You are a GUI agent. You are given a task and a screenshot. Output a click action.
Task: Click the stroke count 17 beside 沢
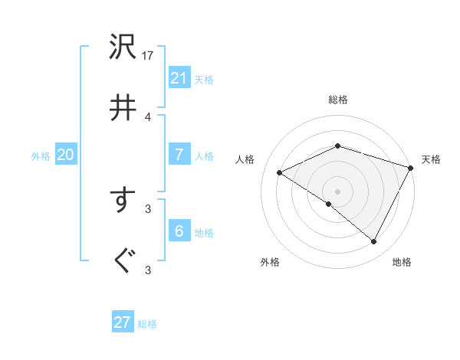point(149,56)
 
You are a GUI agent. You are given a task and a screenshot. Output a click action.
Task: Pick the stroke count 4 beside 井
point(148,116)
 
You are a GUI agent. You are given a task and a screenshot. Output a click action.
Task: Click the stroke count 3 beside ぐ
point(148,270)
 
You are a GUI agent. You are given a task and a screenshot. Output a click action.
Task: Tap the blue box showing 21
point(179,78)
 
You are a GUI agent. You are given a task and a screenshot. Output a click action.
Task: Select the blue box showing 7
point(179,155)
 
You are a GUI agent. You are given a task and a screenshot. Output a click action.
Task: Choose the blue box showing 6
point(179,231)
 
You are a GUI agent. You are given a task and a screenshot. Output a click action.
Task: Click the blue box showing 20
point(66,155)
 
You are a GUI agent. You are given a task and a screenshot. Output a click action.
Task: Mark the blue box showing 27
point(123,322)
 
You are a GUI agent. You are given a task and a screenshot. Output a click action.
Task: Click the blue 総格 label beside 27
point(148,324)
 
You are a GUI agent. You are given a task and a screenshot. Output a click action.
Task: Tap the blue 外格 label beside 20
point(41,156)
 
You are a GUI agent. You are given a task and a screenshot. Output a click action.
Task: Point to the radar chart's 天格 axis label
point(432,159)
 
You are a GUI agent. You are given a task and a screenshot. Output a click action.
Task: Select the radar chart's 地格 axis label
point(402,263)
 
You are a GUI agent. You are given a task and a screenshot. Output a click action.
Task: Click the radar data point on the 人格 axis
point(280,173)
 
